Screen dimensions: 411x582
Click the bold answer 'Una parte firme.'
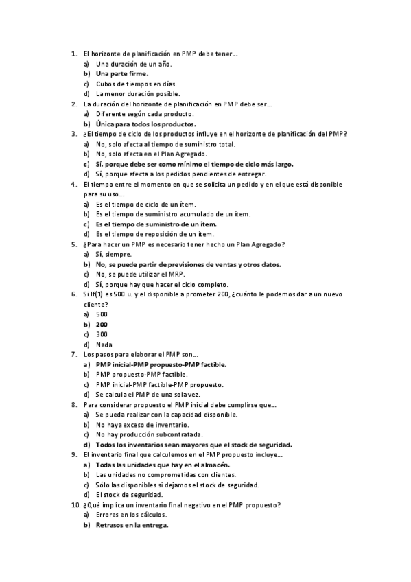(122, 73)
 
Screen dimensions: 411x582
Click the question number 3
(74, 134)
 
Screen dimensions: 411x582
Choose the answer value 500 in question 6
(102, 314)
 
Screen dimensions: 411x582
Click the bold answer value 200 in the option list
(102, 324)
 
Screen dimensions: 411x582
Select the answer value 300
(102, 334)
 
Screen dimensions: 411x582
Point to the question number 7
(74, 354)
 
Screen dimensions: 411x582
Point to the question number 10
(75, 505)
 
